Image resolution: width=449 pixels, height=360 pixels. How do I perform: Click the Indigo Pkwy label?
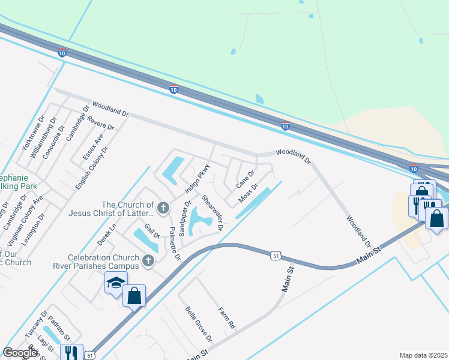click(x=197, y=178)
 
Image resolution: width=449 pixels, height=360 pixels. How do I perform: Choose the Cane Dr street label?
click(x=246, y=178)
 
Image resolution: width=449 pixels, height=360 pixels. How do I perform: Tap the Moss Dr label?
click(x=248, y=193)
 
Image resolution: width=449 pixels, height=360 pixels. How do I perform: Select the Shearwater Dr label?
click(x=212, y=213)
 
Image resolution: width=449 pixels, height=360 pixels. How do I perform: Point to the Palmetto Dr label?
click(x=174, y=244)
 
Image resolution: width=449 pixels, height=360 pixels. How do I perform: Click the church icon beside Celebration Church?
click(x=149, y=262)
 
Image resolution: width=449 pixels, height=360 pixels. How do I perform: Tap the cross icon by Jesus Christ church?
click(x=163, y=208)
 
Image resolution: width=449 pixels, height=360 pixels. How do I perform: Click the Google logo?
click(x=20, y=352)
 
